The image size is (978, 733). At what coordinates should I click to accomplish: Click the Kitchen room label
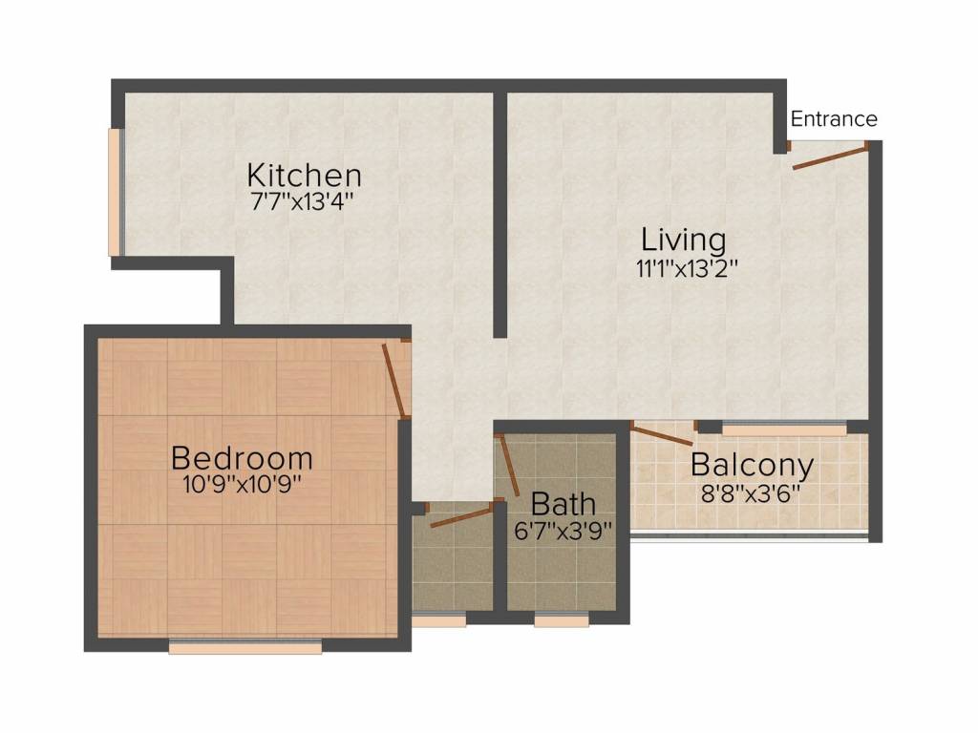point(304,176)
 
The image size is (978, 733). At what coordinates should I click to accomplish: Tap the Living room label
point(683,238)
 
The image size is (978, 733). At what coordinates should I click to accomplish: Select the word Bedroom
point(242,458)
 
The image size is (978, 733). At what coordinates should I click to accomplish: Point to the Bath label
point(563,503)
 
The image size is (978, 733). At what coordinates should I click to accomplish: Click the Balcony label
point(752,466)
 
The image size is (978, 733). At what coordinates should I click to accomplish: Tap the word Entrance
point(834,119)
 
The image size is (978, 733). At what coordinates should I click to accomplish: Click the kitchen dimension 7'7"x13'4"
point(304,201)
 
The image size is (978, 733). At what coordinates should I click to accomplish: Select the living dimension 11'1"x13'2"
point(688,268)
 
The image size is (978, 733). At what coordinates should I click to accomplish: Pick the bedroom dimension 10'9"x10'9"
point(242,485)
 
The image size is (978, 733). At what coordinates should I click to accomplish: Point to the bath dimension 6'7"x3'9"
point(563,531)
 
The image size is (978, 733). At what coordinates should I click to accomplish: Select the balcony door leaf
point(663,434)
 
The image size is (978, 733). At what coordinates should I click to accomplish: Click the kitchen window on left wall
point(115,192)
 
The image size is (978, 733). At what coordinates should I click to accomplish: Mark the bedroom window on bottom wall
point(245,648)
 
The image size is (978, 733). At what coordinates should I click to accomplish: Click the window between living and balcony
point(783,430)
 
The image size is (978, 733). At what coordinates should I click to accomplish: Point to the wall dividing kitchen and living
point(500,215)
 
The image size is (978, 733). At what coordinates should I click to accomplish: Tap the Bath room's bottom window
point(562,620)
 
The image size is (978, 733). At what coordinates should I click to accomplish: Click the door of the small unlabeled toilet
point(458,517)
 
